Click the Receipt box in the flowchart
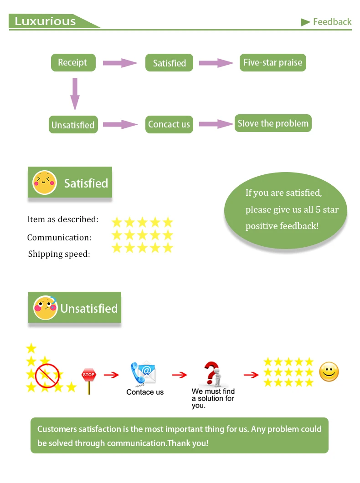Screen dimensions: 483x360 click(73, 62)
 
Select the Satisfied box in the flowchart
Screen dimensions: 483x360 click(169, 63)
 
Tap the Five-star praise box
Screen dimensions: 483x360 click(273, 62)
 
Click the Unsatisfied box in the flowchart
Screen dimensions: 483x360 click(73, 125)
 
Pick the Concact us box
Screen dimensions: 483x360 click(169, 124)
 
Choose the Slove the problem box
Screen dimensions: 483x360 click(273, 123)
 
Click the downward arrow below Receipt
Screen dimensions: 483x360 click(75, 94)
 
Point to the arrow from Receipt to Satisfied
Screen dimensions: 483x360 click(120, 63)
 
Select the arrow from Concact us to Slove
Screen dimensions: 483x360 click(216, 124)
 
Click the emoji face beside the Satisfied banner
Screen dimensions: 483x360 click(44, 183)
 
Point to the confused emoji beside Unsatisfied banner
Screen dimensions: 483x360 click(45, 308)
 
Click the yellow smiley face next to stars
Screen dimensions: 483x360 click(329, 372)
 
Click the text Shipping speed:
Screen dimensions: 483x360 click(59, 254)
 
